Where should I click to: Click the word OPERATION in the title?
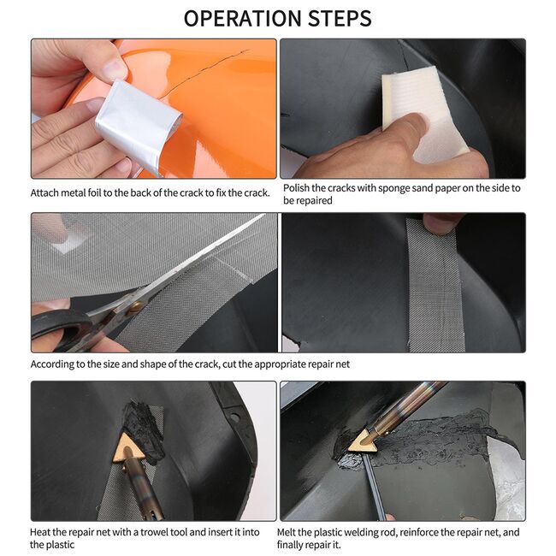[242, 19]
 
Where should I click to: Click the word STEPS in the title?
[340, 19]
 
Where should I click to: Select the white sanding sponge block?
[425, 114]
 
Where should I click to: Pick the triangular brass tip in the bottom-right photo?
[362, 441]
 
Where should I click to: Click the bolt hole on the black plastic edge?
[234, 417]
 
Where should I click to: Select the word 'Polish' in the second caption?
[296, 188]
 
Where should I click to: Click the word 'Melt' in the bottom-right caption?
[286, 532]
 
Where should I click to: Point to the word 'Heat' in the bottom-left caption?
[40, 532]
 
